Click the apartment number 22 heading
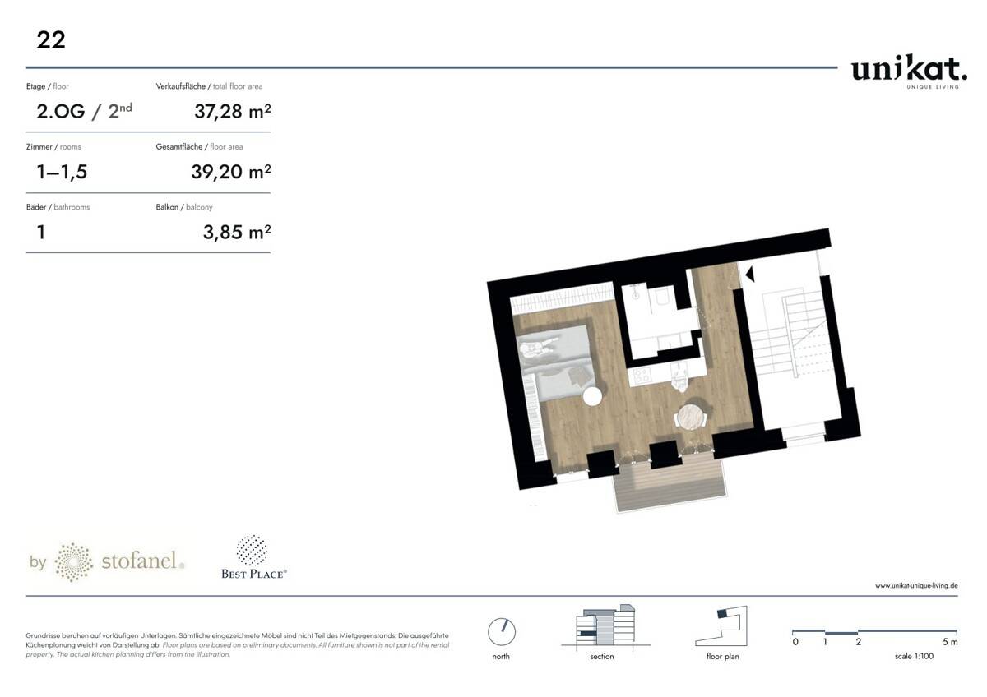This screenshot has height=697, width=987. (51, 40)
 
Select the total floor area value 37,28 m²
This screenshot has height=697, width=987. (233, 112)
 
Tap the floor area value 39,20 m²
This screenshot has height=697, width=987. (231, 172)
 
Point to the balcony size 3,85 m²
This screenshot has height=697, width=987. (237, 232)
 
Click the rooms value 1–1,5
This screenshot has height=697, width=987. (63, 172)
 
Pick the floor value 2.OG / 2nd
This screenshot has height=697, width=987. (84, 112)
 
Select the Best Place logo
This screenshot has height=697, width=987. (254, 557)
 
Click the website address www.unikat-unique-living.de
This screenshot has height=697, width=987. (916, 585)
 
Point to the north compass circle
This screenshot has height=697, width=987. (502, 632)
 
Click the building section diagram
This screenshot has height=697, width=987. (606, 627)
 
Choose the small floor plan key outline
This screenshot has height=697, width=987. (721, 626)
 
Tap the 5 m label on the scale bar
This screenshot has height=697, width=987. (949, 642)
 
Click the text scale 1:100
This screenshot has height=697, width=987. (914, 656)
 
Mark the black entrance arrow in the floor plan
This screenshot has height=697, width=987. (750, 275)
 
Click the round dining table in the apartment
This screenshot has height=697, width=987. (690, 417)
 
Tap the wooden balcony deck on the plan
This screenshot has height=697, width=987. (670, 482)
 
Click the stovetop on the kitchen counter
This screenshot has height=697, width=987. (641, 376)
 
